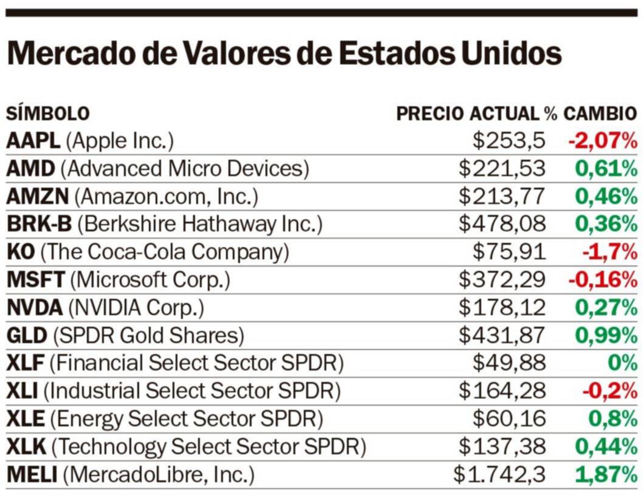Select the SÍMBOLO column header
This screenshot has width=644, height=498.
click(47, 114)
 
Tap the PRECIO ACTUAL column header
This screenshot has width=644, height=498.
click(468, 114)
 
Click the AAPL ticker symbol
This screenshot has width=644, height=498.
click(33, 142)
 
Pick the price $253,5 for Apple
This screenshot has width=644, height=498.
click(509, 142)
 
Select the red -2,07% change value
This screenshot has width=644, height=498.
click(603, 142)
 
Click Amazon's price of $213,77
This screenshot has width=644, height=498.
click(502, 197)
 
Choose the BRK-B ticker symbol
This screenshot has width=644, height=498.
click(39, 225)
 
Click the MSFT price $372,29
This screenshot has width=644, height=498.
click(502, 280)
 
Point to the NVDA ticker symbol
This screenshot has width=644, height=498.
click(34, 308)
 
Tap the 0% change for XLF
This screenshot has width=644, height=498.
click(622, 363)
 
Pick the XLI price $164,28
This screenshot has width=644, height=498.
click(502, 391)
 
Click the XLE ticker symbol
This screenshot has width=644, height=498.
click(26, 418)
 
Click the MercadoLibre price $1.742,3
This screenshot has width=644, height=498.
click(499, 474)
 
